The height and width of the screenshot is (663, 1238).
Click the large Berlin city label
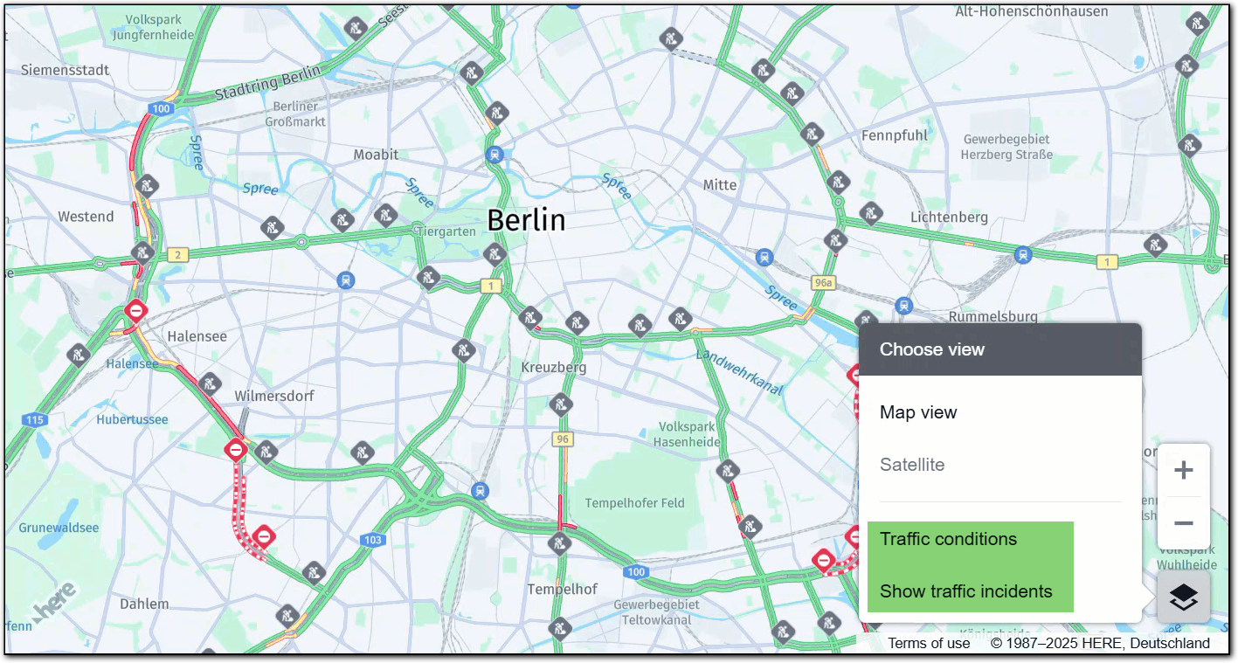click(x=526, y=220)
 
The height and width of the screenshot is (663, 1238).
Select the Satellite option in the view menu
click(x=912, y=465)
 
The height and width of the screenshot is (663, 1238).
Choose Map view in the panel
click(x=918, y=412)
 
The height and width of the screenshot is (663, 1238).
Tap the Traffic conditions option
click(x=948, y=539)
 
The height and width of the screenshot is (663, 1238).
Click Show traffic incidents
click(x=965, y=591)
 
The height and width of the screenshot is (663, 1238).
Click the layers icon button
click(x=1183, y=597)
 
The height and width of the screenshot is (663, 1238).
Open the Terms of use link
click(x=929, y=643)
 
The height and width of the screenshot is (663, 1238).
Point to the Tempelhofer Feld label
click(x=634, y=503)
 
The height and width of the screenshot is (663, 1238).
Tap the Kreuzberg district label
click(x=554, y=368)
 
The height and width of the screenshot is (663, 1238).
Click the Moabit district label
click(x=376, y=155)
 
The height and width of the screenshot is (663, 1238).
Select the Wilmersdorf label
click(x=273, y=396)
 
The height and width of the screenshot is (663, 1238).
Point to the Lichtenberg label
click(x=949, y=217)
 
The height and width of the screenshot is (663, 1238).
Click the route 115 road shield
click(x=34, y=420)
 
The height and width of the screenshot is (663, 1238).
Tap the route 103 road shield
click(x=373, y=540)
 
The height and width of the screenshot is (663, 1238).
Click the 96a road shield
click(x=823, y=283)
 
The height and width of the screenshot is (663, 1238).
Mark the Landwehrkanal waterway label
click(x=739, y=371)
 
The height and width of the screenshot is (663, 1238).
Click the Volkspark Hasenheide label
click(x=687, y=434)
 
